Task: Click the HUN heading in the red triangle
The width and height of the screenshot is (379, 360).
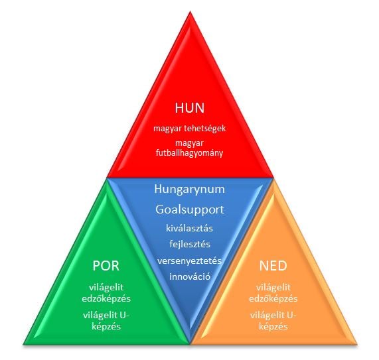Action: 190,107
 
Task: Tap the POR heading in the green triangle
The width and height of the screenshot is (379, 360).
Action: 106,266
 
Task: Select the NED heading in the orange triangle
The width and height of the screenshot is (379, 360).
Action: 273,266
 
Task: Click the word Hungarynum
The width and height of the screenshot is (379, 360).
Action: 190,190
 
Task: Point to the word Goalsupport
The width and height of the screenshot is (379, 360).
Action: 190,210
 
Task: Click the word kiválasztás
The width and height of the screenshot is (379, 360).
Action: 190,228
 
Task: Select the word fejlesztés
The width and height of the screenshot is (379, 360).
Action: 190,244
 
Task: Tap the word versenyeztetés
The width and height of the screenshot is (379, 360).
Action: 190,261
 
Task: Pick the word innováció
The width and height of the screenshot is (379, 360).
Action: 190,276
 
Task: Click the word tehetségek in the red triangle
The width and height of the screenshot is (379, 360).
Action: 204,128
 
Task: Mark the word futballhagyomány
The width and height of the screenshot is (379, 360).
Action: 190,153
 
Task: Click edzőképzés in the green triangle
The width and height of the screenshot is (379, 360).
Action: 106,299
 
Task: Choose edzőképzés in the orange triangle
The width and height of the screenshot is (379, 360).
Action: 273,299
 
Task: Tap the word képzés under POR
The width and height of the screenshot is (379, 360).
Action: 106,327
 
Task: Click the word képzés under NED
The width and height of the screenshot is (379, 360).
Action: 273,327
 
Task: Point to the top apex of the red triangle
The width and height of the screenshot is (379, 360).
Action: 190,11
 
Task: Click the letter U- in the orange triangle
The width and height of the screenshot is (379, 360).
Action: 291,316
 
